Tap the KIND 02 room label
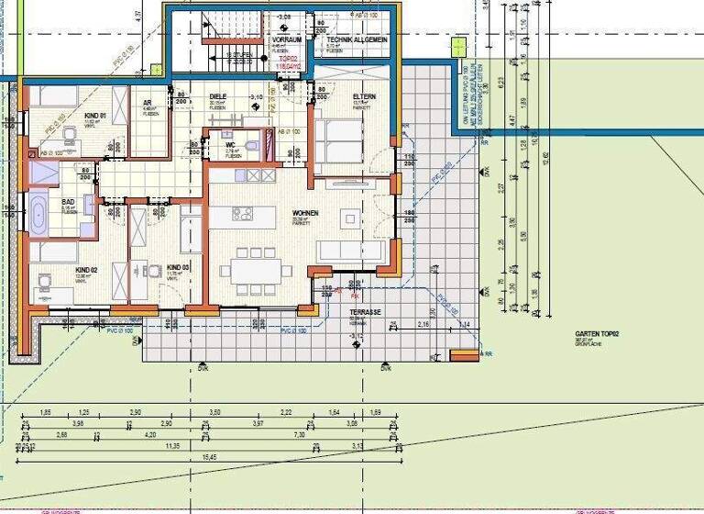click(x=87, y=270)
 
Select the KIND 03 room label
click(x=177, y=266)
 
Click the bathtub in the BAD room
click(x=38, y=217)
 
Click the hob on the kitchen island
click(x=242, y=214)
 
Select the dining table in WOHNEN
click(x=256, y=271)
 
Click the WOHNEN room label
click(x=305, y=213)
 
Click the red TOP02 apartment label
click(x=291, y=58)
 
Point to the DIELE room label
click(x=218, y=96)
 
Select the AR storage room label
click(x=148, y=103)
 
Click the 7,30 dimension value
click(x=299, y=434)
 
